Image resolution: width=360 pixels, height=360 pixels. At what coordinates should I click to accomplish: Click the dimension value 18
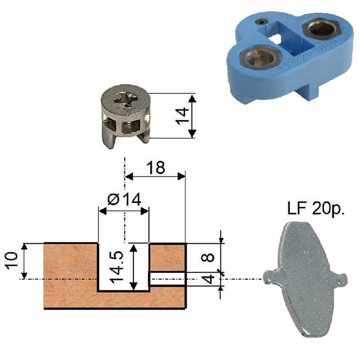coord(156,167)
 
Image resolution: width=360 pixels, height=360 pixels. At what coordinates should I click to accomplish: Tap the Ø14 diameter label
coord(124,199)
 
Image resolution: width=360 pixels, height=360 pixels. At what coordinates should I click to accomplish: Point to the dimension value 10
coord(12,261)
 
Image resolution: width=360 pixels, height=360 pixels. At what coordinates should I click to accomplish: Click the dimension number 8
coord(207,257)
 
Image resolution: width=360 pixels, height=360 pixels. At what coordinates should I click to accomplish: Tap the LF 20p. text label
coord(316,209)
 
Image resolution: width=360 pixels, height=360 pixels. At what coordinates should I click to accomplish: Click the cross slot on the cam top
coord(126,100)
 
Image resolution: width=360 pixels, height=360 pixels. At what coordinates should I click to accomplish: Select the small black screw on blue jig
coord(261,22)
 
